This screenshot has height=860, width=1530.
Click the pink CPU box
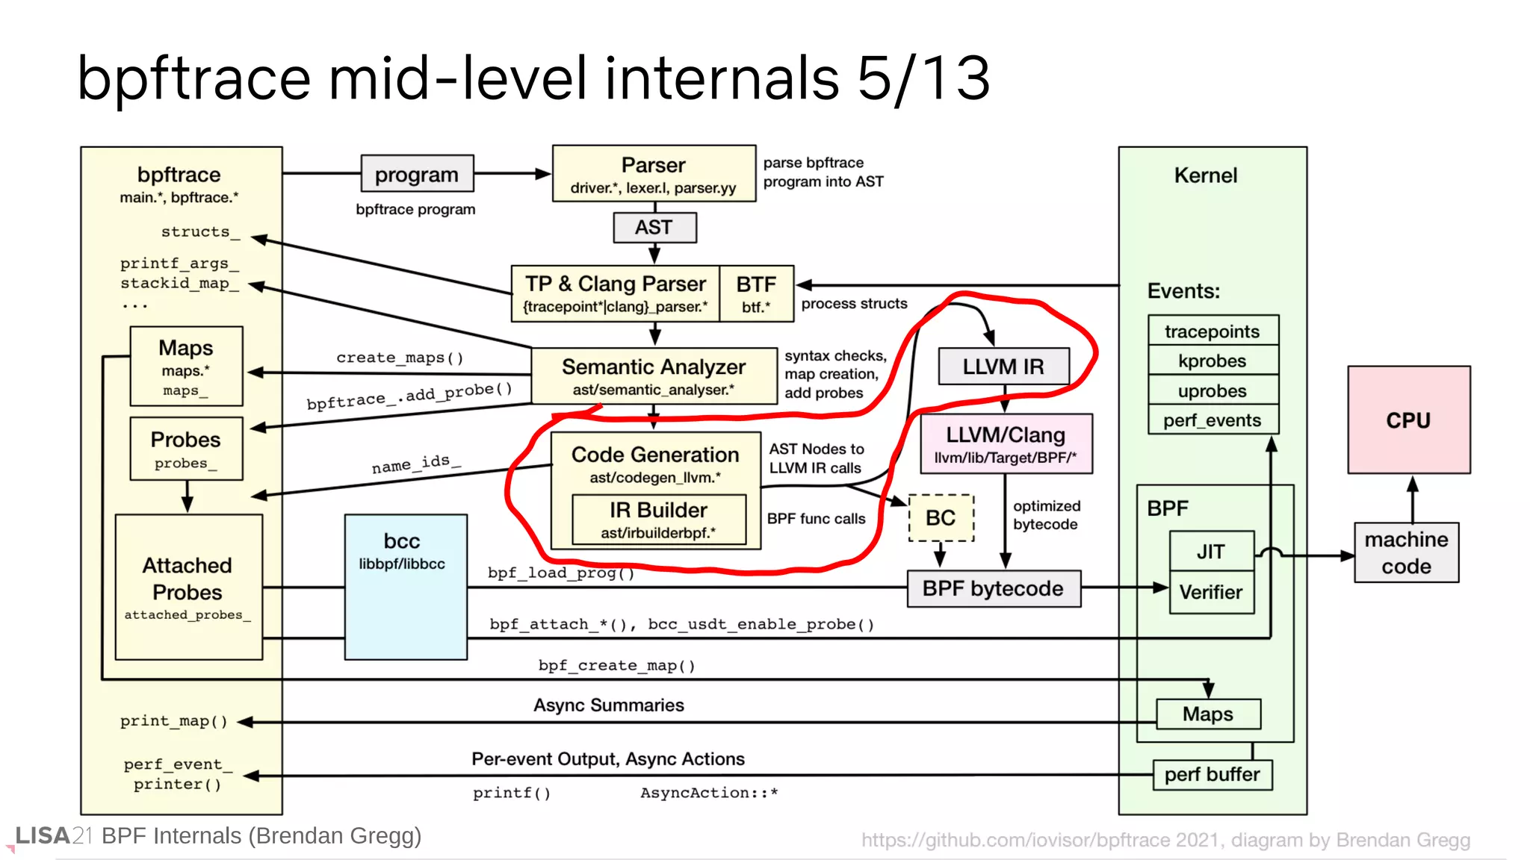click(1408, 420)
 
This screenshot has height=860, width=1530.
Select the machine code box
click(1406, 552)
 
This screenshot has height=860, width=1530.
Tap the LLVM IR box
click(1003, 367)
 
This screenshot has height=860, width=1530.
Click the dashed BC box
click(941, 517)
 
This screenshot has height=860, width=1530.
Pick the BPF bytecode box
click(993, 588)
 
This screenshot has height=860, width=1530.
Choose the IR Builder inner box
click(658, 519)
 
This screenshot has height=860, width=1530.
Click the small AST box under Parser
click(654, 227)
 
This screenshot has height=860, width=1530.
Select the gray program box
click(417, 174)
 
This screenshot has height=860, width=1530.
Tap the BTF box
click(756, 293)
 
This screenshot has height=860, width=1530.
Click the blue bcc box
click(406, 587)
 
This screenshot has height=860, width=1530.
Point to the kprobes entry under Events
click(1212, 361)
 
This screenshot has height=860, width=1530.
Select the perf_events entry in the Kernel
click(1212, 420)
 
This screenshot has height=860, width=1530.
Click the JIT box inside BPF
click(1211, 551)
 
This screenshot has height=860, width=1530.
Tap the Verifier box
click(1211, 592)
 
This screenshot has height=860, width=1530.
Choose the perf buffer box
click(1212, 774)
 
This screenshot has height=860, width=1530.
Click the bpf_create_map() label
click(617, 665)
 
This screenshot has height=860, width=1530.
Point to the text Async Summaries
click(608, 705)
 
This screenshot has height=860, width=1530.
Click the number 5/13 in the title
click(923, 78)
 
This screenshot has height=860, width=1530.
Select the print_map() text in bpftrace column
click(173, 721)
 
